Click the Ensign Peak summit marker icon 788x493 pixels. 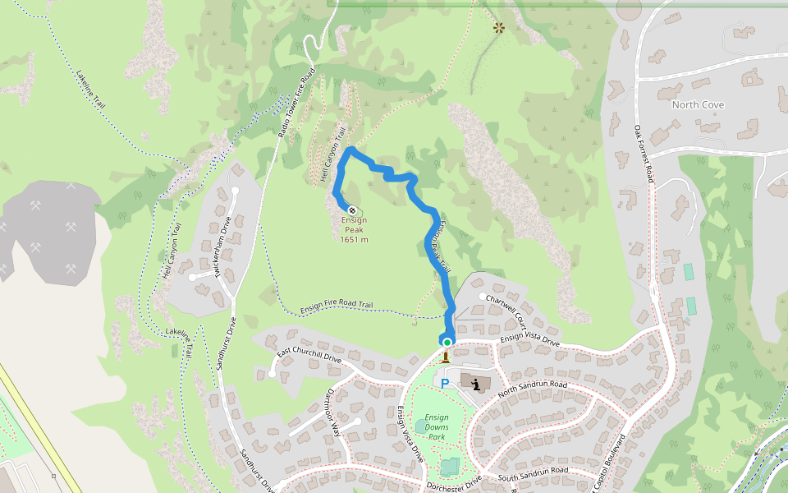pyautogui.click(x=352, y=210)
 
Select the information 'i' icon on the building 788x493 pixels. pyautogui.click(x=476, y=383)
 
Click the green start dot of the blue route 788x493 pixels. pyautogui.click(x=447, y=342)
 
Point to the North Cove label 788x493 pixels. pyautogui.click(x=698, y=105)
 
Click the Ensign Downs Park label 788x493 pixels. pyautogui.click(x=438, y=427)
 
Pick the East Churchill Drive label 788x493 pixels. pyautogui.click(x=309, y=354)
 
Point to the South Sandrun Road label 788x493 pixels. pyautogui.click(x=533, y=472)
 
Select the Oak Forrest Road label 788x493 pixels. pyautogui.click(x=644, y=153)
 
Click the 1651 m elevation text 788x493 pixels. pyautogui.click(x=354, y=240)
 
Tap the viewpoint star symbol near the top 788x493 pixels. pyautogui.click(x=498, y=28)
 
